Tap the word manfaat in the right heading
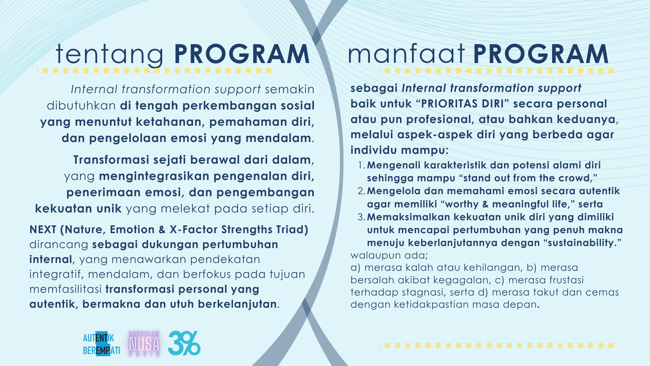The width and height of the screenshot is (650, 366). (406, 54)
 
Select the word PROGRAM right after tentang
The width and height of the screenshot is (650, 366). (242, 54)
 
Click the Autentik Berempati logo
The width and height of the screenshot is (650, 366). (101, 344)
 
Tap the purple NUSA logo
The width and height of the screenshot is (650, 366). (144, 344)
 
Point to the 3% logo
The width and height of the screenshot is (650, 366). (184, 343)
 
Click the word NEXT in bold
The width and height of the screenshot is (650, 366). (43, 229)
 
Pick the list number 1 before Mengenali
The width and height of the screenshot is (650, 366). (361, 165)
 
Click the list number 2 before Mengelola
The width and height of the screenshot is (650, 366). (361, 191)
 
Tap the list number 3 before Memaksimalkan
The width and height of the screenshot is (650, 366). (361, 217)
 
